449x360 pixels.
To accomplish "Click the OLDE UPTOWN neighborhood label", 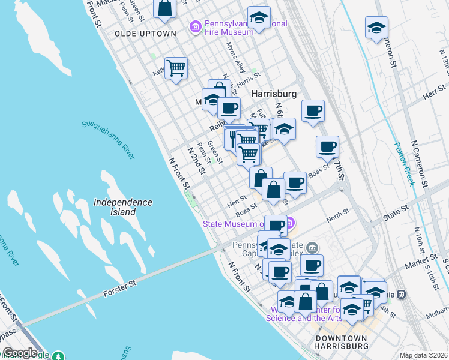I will click(145, 34).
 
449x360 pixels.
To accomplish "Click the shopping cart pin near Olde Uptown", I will click(176, 68).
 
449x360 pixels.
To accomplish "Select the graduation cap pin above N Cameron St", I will click(376, 28).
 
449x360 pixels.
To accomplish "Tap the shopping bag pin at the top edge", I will click(164, 8).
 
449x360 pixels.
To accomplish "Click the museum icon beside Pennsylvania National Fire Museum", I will click(194, 26).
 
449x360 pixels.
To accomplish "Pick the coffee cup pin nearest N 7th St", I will click(327, 146).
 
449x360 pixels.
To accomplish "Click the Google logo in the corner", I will click(20, 353).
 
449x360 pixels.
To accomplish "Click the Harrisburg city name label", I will click(274, 94).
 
